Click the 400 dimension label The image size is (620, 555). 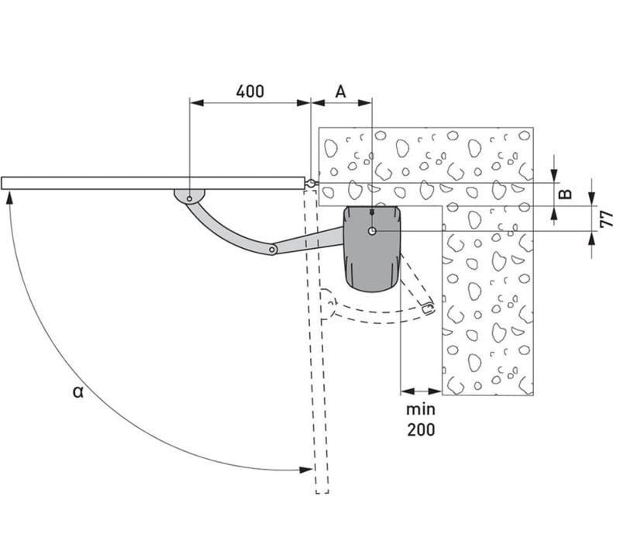tap(250, 91)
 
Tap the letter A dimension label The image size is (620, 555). tap(340, 91)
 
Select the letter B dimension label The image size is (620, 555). tap(567, 194)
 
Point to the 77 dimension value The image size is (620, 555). tap(606, 219)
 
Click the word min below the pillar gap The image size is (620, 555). tap(421, 409)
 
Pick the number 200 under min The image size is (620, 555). tap(421, 429)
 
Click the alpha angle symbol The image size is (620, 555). tap(78, 392)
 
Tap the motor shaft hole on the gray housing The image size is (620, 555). tap(372, 232)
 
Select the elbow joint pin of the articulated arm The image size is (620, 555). tap(272, 250)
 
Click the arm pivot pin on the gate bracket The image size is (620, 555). tap(190, 198)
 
